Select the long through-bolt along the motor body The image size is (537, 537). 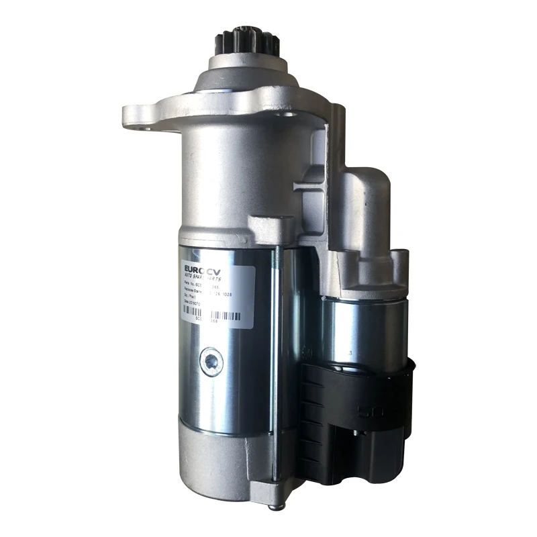tap(275, 362)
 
